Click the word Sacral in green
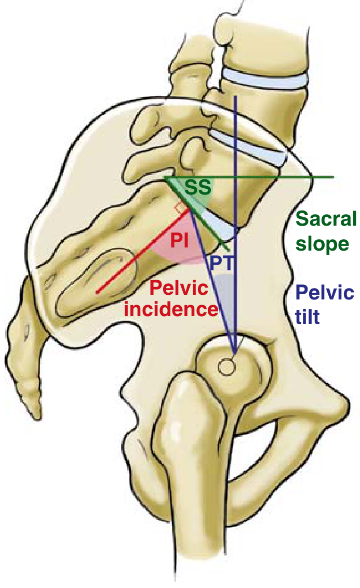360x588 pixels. coord(326,219)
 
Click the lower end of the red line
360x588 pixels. coord(97,293)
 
